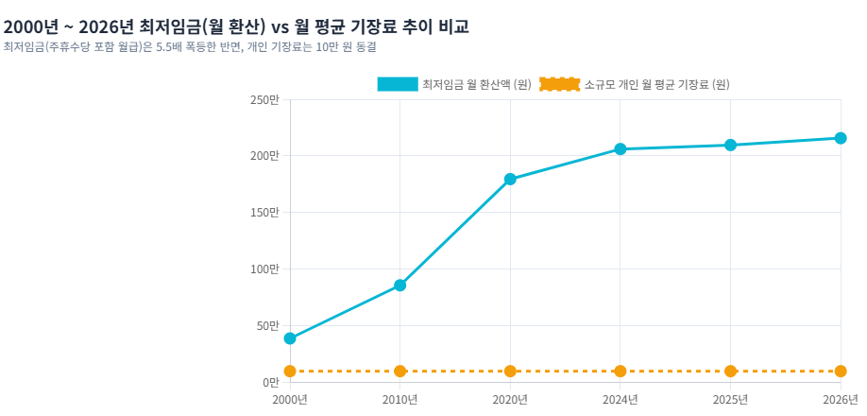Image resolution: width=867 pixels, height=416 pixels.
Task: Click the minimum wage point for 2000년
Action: tap(290, 338)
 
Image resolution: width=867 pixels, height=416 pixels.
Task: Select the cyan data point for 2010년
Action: tap(399, 286)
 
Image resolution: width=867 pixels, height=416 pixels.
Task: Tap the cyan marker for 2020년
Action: tap(510, 180)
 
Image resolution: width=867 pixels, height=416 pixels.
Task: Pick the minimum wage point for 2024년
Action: tap(620, 148)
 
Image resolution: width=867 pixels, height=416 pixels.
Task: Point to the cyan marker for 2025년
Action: tap(730, 145)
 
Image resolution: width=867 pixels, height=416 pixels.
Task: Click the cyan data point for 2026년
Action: tap(841, 138)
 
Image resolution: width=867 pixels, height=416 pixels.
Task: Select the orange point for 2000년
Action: tap(290, 372)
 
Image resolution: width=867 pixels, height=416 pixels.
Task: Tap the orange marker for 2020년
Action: tap(510, 372)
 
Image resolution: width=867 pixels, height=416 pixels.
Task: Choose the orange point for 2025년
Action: tap(730, 372)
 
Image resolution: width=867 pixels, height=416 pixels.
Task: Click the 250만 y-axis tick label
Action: tap(266, 99)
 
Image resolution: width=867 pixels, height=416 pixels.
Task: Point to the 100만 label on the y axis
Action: tap(266, 269)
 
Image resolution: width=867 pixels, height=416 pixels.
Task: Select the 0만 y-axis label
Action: tap(271, 382)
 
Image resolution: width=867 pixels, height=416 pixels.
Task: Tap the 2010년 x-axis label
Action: tap(399, 400)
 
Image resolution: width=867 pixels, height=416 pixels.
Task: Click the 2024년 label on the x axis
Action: tap(620, 400)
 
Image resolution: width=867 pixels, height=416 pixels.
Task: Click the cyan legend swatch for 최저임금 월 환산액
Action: tap(398, 84)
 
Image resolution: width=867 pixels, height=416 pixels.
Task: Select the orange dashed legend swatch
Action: tap(559, 84)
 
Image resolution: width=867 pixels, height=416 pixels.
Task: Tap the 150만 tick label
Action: tap(266, 213)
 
